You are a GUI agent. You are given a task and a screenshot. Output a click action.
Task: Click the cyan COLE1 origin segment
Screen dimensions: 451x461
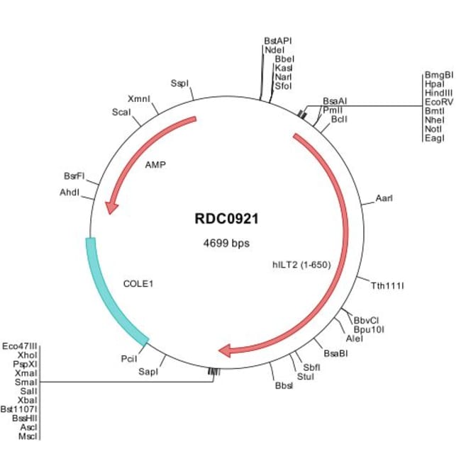(x=110, y=297)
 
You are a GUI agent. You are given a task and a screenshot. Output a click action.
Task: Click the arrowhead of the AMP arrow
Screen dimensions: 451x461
(x=111, y=207)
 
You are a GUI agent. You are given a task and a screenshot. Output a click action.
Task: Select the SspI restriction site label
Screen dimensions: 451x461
(x=179, y=84)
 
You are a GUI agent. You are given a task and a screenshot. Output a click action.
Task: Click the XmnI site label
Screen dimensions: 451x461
(x=139, y=98)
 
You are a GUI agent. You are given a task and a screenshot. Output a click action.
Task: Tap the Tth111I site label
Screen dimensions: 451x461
(x=387, y=286)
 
